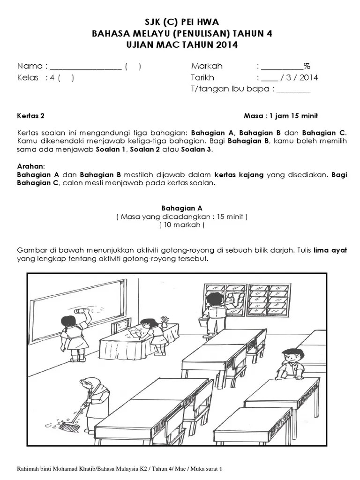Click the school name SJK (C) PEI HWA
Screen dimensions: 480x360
tap(180, 22)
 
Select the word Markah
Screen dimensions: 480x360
tap(207, 66)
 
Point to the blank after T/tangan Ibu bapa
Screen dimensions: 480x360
tap(293, 90)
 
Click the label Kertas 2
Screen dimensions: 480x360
tap(31, 116)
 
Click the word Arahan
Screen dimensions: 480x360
tap(31, 166)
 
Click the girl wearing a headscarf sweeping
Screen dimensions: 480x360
tap(97, 394)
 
